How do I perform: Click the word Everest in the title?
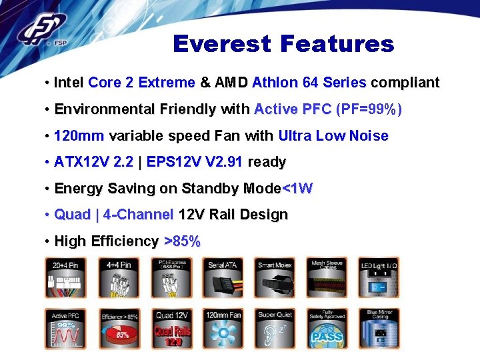click(223, 44)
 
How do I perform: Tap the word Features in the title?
click(337, 44)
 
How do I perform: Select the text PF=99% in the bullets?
click(369, 109)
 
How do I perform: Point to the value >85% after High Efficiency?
click(182, 241)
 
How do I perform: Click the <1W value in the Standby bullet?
click(297, 188)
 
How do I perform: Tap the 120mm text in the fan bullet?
click(79, 135)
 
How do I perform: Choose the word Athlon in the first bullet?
click(275, 83)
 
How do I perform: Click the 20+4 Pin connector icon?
click(66, 277)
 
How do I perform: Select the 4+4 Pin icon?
click(118, 277)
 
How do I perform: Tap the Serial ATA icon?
click(223, 277)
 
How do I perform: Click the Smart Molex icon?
click(275, 277)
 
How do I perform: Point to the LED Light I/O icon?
click(379, 277)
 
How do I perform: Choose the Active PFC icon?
click(66, 329)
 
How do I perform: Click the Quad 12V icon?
click(171, 329)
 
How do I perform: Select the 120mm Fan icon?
click(223, 329)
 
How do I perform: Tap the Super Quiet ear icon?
click(275, 329)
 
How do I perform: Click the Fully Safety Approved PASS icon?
click(327, 329)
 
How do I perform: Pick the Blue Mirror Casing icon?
click(379, 329)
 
